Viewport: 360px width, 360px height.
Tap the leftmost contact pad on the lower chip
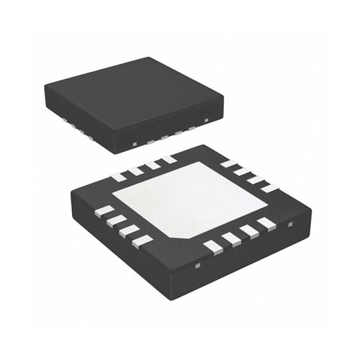coord(104,211)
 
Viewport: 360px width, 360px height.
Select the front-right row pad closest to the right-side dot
coord(266,224)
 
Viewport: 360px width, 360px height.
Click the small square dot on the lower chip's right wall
coord(290,225)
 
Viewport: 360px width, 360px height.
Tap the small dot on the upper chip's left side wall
coord(135,143)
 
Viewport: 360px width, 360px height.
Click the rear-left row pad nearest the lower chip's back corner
coord(168,159)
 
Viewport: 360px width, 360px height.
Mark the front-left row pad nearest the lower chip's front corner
coord(143,239)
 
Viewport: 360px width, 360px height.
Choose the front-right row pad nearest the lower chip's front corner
coord(213,247)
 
